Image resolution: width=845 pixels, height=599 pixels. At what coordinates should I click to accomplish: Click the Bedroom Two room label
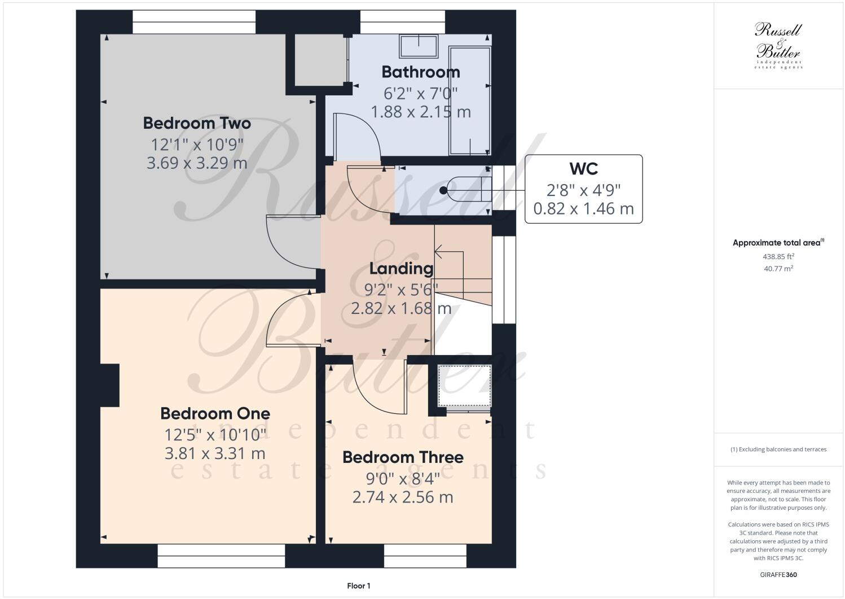[196, 123]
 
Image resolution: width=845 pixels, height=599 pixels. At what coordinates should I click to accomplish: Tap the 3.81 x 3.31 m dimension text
[215, 453]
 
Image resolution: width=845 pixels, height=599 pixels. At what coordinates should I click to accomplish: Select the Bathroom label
[420, 72]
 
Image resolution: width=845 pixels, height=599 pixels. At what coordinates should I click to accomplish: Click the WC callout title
[583, 169]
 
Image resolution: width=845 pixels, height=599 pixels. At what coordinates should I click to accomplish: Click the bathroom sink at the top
[419, 46]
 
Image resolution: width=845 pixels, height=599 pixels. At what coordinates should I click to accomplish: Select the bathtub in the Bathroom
[469, 100]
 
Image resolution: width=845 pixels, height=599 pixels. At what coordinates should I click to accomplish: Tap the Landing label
[401, 269]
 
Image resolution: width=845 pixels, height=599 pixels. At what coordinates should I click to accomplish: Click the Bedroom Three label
[403, 457]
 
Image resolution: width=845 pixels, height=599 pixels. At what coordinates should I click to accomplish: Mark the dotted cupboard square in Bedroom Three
[464, 386]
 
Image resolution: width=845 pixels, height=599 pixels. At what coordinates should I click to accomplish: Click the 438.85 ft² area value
[778, 256]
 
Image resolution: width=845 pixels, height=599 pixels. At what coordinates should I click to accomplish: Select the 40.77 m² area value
[778, 269]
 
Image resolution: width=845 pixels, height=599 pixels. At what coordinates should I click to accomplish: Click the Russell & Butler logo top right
[778, 45]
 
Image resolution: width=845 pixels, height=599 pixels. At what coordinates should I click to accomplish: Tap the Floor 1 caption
[358, 586]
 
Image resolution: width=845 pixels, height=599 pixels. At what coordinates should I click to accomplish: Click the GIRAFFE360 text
[778, 575]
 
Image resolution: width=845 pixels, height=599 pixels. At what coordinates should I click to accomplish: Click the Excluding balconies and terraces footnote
[778, 449]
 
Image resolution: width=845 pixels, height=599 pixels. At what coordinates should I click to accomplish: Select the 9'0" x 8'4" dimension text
[403, 479]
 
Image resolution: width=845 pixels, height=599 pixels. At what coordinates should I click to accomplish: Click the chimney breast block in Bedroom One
[110, 385]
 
